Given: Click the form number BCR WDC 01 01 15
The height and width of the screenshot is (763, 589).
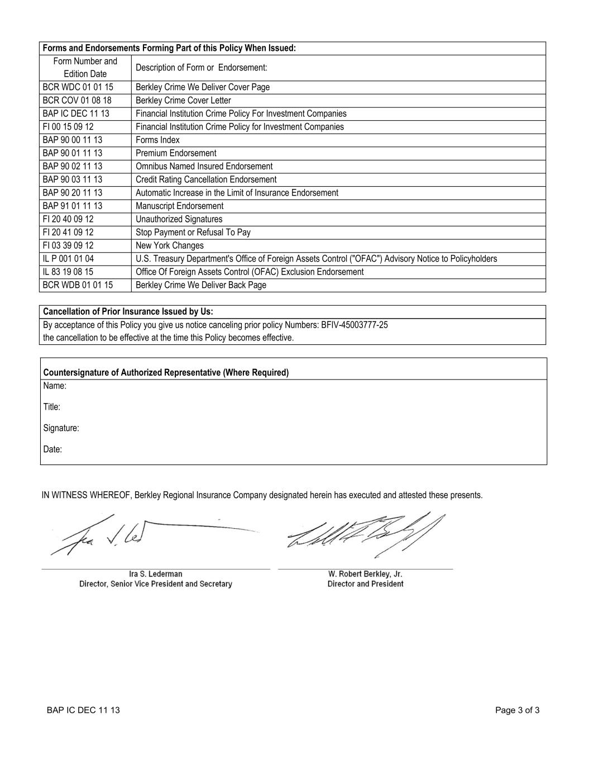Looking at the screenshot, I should point(78,87).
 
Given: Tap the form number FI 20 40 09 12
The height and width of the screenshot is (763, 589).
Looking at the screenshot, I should point(68,219).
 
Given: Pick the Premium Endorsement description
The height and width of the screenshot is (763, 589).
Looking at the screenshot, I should point(176,153).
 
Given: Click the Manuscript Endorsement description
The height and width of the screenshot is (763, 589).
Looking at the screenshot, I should point(179,206).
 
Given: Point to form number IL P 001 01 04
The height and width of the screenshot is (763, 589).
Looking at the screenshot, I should point(68,259).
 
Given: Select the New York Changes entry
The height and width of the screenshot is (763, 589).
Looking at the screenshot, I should point(170,246).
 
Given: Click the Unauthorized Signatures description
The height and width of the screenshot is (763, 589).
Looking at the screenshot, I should point(179,220).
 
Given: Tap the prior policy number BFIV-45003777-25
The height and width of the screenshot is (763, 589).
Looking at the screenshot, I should point(355,325).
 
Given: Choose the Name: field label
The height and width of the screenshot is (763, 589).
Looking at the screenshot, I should point(55,386).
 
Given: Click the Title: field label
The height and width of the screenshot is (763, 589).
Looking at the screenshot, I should point(52,407).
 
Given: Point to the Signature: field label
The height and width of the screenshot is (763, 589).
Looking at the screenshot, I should point(61,428).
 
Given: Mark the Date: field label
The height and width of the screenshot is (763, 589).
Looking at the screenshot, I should point(52,449).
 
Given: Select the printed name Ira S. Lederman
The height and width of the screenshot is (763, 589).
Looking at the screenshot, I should point(155,574).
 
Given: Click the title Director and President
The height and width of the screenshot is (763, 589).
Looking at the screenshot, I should point(366,584).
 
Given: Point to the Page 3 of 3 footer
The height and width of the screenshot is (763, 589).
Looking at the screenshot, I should point(517,711).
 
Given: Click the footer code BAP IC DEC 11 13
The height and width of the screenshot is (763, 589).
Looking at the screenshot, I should point(83,711).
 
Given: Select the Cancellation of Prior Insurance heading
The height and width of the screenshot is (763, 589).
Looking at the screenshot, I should point(128,312).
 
